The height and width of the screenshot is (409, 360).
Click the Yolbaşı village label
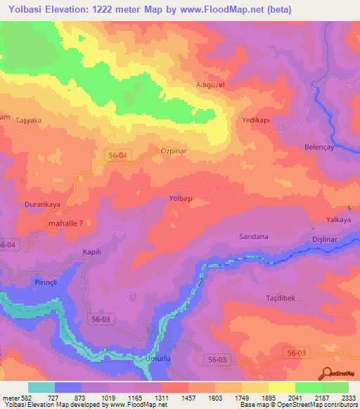[x=181, y=199]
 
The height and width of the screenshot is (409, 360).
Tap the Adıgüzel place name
[x=209, y=86]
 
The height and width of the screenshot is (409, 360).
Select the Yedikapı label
[x=255, y=120]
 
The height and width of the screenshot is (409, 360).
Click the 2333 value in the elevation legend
[x=347, y=398]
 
